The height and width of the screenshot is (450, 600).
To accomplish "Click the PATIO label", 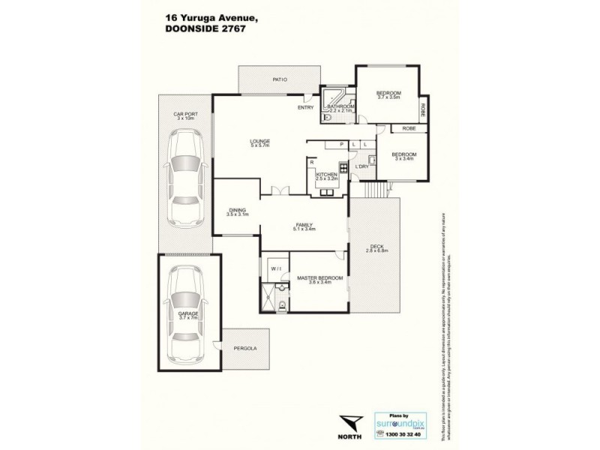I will tap(280, 77).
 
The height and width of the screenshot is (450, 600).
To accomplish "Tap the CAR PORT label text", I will tap(184, 116).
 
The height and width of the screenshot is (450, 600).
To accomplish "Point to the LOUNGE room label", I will tap(260, 142).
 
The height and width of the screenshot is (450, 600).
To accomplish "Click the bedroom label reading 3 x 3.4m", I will tap(403, 157).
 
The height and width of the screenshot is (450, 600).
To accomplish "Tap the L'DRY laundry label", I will tap(362, 166).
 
